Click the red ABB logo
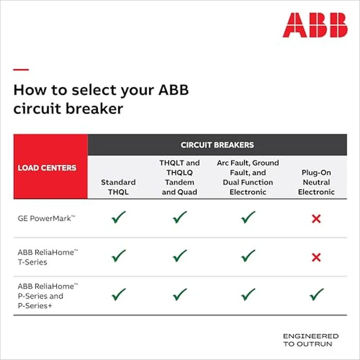coord(315,25)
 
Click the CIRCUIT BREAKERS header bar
coord(217,145)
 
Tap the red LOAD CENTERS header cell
coord(47,168)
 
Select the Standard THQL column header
coord(118,187)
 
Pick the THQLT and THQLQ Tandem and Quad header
coord(179,177)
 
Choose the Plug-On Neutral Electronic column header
coord(316,182)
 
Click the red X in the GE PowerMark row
coord(316,219)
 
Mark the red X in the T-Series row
coord(316,257)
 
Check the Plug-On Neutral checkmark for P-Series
coord(316,295)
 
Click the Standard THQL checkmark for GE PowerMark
coord(118,218)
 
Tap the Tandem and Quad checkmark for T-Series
coord(179,256)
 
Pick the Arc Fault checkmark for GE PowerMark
coord(248,218)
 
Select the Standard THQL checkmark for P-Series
coord(118,295)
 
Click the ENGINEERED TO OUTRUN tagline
coord(311,339)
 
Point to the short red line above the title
coord(21,69)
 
